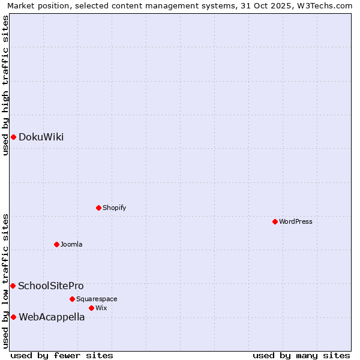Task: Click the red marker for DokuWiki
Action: (x=13, y=137)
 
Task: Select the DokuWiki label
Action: (x=41, y=137)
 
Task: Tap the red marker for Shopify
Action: (x=98, y=208)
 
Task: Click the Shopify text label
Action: (x=114, y=208)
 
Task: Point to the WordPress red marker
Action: (x=275, y=222)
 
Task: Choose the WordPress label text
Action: (x=295, y=222)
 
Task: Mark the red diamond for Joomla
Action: (x=56, y=245)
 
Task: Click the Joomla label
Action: (x=71, y=245)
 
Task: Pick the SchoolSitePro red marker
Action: (x=13, y=286)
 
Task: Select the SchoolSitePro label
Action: (x=51, y=286)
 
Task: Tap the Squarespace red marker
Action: (x=72, y=299)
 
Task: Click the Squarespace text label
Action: (x=97, y=299)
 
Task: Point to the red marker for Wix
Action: (x=91, y=308)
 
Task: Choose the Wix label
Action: (x=101, y=308)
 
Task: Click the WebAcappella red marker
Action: (x=13, y=317)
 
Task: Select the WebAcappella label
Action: (x=52, y=317)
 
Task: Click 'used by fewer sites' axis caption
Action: (x=62, y=355)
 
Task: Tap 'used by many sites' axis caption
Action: (x=301, y=355)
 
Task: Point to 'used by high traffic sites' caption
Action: (x=5, y=85)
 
